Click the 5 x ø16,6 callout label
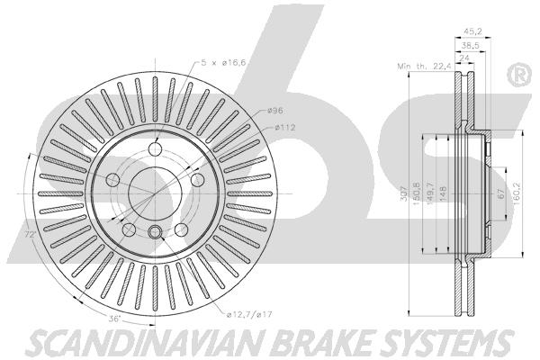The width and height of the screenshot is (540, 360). [223, 63]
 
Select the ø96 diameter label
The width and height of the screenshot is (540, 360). [275, 111]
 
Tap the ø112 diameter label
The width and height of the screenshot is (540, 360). [285, 128]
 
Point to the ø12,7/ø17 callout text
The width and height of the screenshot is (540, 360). [249, 314]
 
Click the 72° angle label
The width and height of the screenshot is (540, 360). [31, 235]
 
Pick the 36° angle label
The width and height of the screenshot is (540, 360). [115, 319]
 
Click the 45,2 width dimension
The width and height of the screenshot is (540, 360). [472, 31]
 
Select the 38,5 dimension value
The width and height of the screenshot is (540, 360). [471, 45]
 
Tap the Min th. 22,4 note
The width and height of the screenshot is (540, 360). [424, 66]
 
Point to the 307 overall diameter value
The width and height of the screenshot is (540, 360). [405, 193]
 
